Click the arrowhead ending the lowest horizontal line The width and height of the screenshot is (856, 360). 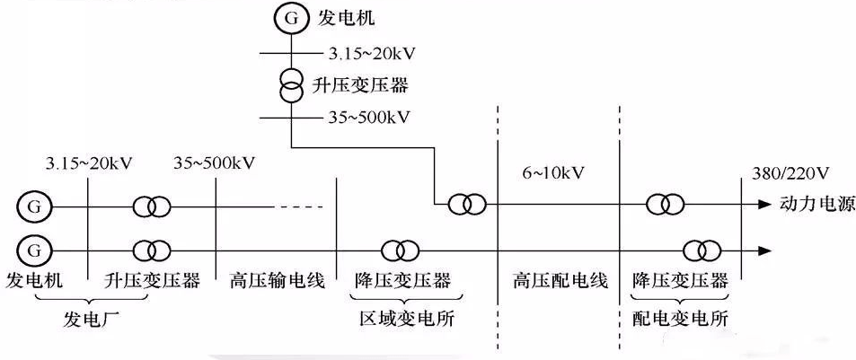tap(765, 248)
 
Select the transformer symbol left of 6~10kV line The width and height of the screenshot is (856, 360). tap(466, 206)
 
